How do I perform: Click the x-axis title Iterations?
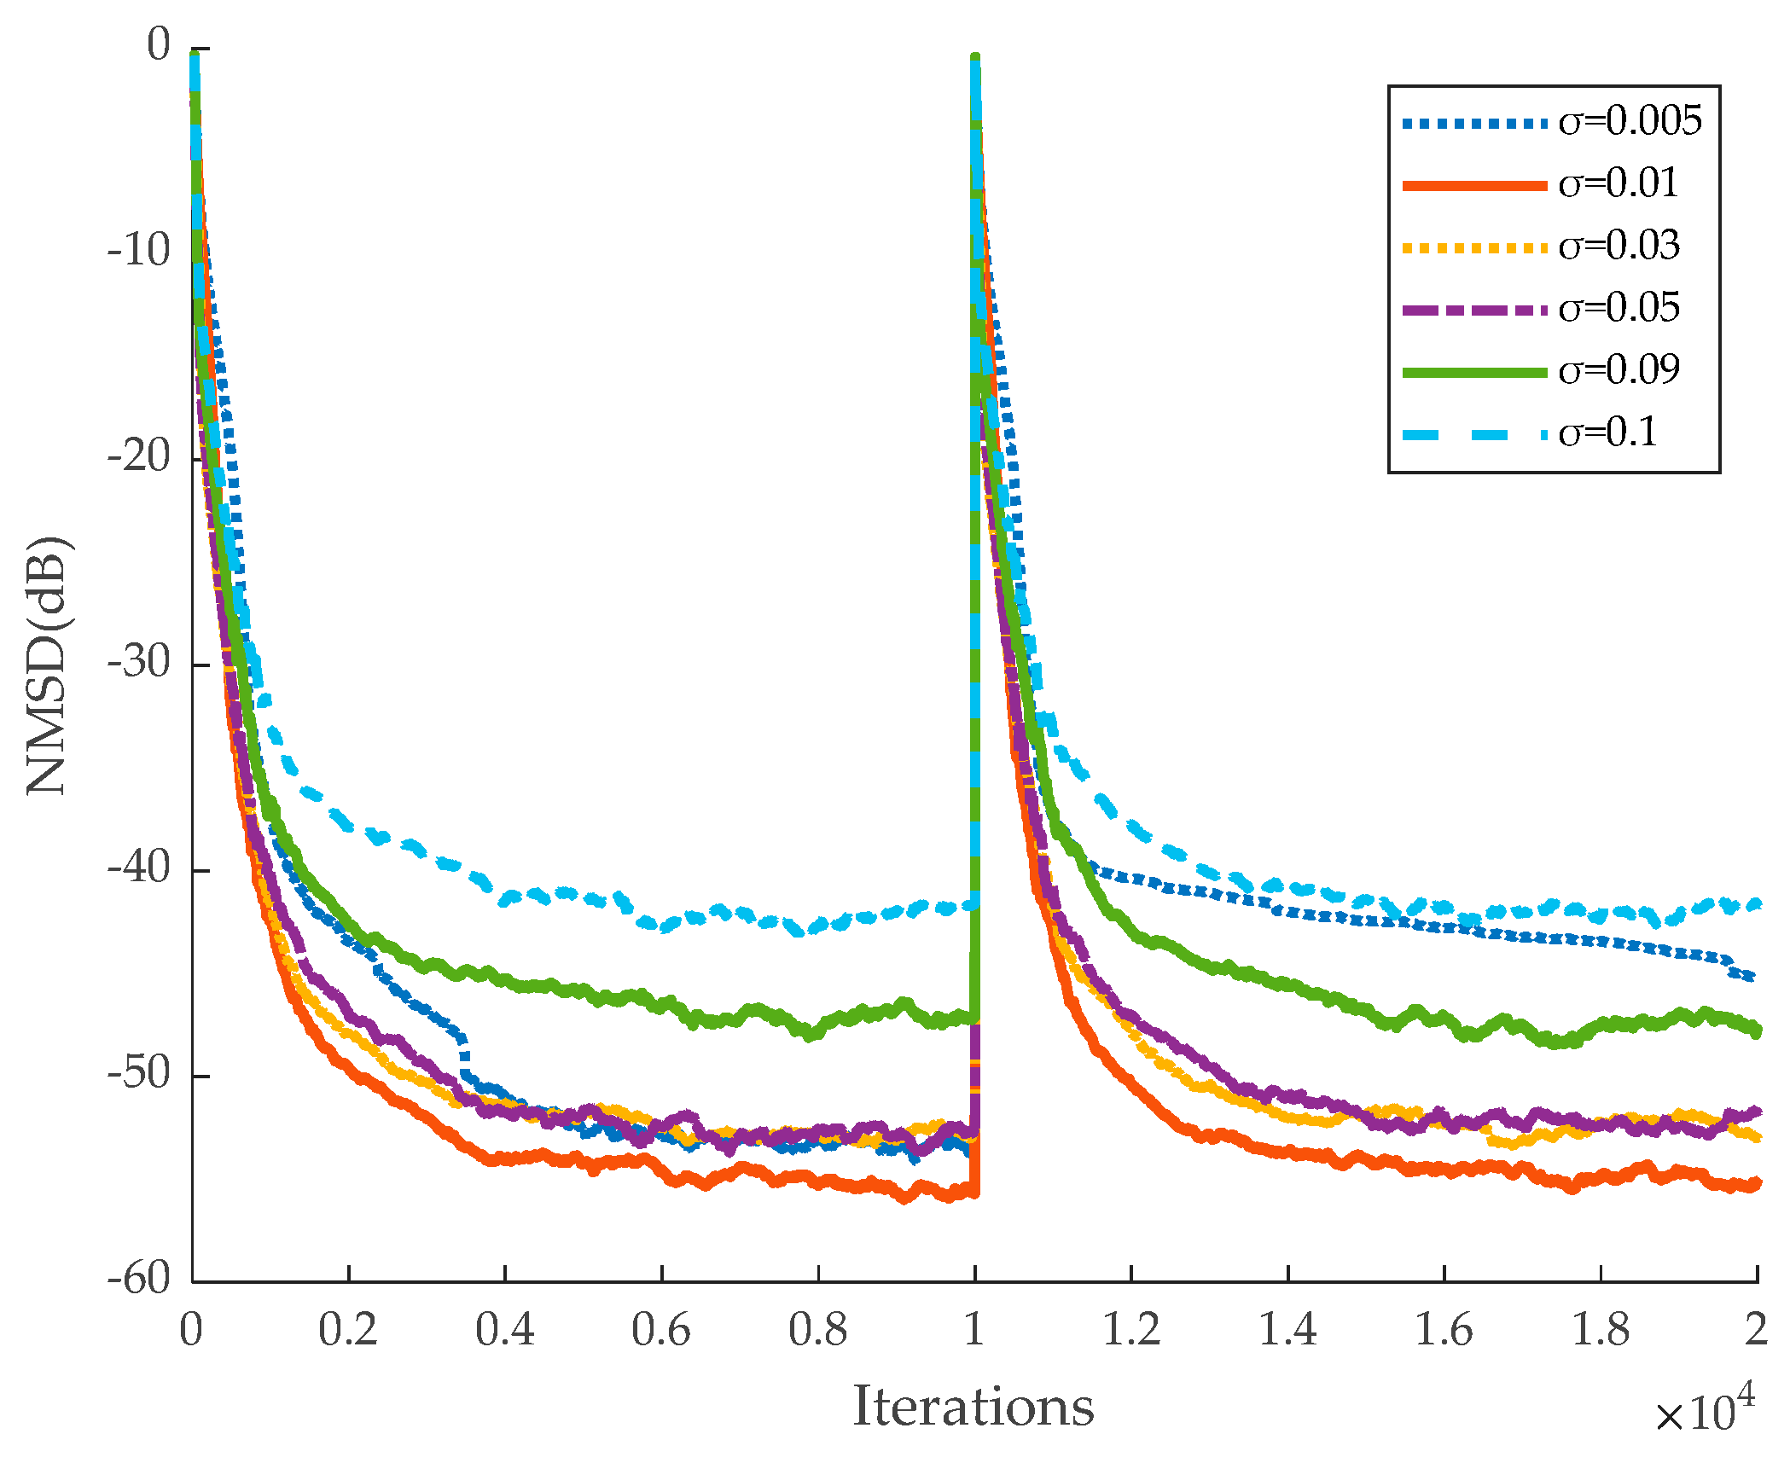973,1406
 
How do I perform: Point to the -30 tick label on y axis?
139,662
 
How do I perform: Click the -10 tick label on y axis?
139,251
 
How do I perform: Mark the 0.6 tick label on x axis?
661,1330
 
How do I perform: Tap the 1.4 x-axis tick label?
1287,1330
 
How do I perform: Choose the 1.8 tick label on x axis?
1601,1330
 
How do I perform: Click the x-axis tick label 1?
974,1330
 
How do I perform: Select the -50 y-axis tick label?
139,1073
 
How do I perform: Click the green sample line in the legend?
1474,372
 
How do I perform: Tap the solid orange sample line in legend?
1474,185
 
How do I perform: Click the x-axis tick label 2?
1756,1330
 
